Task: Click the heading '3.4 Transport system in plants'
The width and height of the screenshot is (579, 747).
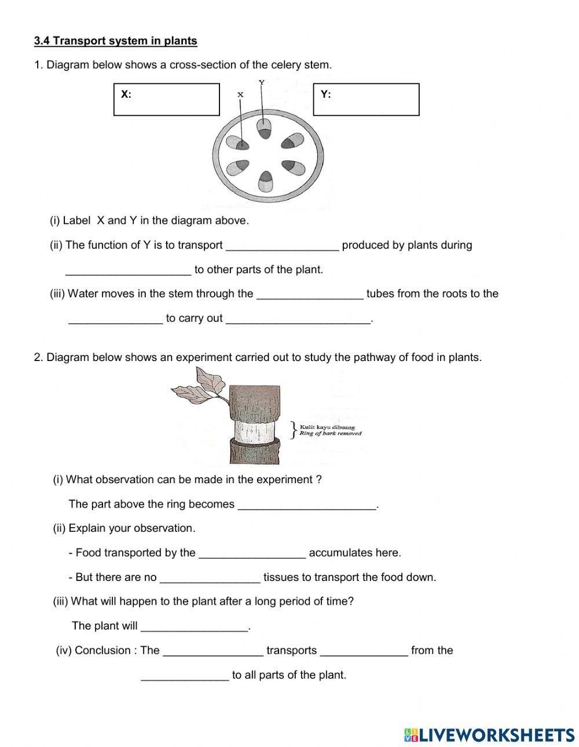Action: click(x=116, y=41)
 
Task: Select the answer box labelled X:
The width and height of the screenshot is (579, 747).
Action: click(x=167, y=100)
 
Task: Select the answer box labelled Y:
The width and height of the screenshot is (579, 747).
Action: click(x=366, y=100)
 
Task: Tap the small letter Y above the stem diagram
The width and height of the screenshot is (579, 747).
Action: click(x=262, y=82)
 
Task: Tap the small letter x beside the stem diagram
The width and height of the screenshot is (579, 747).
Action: click(x=240, y=94)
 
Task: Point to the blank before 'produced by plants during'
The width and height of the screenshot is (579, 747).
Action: click(x=282, y=245)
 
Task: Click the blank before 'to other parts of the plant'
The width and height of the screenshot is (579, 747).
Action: click(x=128, y=270)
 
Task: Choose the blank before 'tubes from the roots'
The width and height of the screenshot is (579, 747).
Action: click(x=310, y=294)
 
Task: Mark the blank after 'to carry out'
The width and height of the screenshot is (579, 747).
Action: click(x=298, y=318)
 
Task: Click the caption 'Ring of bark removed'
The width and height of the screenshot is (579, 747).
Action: click(x=331, y=433)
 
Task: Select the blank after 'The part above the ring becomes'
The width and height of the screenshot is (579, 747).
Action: click(x=307, y=504)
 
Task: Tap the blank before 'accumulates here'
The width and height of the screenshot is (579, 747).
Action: click(x=252, y=553)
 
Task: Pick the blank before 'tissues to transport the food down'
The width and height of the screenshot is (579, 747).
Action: click(x=210, y=577)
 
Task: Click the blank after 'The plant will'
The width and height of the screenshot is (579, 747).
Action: click(x=195, y=626)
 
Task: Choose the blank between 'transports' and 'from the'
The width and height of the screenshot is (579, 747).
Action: click(x=364, y=650)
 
